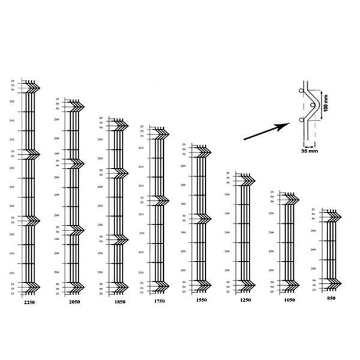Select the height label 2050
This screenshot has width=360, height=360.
[74, 302]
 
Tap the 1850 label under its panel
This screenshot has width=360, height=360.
[119, 302]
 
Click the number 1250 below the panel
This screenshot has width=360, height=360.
[245, 299]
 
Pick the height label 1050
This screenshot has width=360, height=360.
[288, 298]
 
